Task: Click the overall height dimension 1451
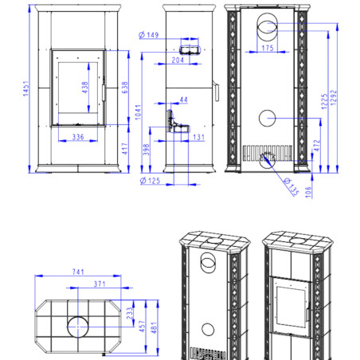click(25, 88)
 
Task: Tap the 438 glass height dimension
click(85, 88)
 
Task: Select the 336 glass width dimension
click(78, 137)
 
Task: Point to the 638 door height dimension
click(125, 88)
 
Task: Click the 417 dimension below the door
click(125, 149)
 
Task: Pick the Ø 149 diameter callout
click(149, 35)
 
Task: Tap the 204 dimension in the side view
click(178, 60)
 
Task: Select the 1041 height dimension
click(138, 112)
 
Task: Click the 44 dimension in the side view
click(184, 100)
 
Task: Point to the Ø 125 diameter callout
click(150, 181)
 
